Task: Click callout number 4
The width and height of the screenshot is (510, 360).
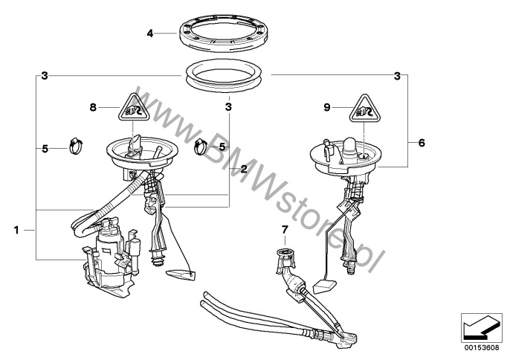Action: [149, 33]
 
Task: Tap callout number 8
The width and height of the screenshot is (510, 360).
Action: [94, 107]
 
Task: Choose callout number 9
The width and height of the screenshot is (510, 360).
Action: [327, 107]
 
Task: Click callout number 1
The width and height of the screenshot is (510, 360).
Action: [16, 230]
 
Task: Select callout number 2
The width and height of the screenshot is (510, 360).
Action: [244, 169]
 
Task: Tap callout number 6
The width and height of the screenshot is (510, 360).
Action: [422, 143]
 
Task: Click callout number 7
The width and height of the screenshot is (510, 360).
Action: [285, 230]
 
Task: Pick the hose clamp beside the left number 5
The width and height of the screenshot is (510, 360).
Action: [76, 146]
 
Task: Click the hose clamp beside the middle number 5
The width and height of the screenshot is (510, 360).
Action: [201, 147]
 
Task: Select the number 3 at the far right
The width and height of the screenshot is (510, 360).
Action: [397, 76]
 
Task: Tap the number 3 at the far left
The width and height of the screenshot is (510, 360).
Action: [45, 76]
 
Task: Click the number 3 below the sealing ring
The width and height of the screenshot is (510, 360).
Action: [228, 107]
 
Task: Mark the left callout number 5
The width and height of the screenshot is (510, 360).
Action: [45, 149]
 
